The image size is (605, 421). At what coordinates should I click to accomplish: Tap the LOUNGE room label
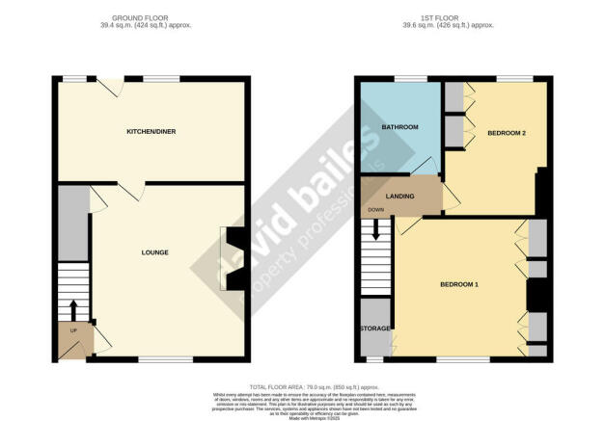click(154, 253)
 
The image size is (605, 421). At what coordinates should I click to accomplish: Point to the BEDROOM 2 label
click(506, 132)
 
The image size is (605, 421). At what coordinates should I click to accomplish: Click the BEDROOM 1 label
click(459, 284)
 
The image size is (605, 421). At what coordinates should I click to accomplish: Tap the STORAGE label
click(375, 329)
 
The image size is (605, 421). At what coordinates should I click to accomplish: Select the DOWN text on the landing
click(375, 210)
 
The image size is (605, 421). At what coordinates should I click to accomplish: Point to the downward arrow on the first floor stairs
click(375, 230)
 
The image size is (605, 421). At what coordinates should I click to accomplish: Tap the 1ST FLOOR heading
click(449, 18)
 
